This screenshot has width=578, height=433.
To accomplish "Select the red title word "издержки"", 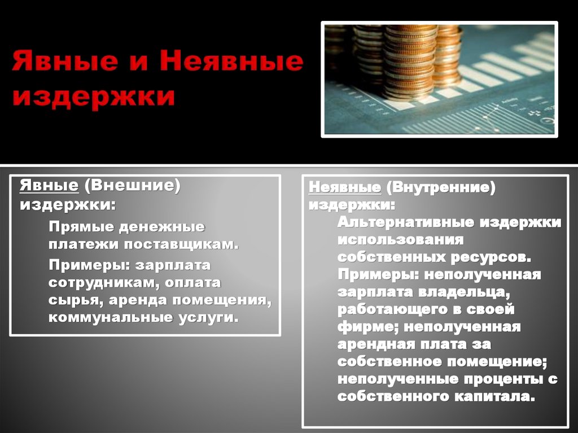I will (93, 96).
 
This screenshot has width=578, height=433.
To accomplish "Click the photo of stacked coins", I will (439, 79).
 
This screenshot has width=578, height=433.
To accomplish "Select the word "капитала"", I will (492, 396).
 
